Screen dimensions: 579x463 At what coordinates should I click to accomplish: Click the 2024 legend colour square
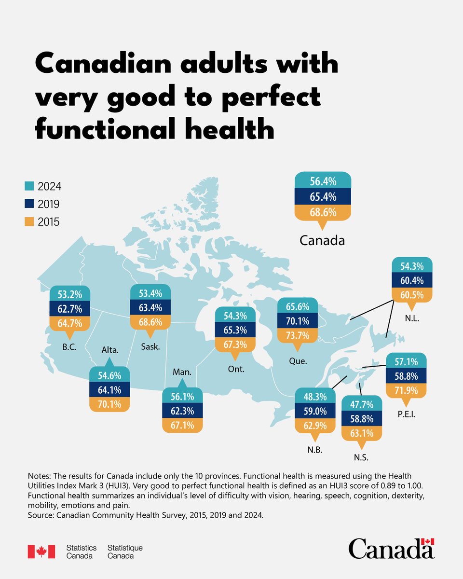28,186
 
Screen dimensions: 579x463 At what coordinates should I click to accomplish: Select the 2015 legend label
49,222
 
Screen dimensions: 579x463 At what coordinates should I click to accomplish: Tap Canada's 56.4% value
323,181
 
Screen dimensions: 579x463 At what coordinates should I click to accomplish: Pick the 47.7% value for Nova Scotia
361,404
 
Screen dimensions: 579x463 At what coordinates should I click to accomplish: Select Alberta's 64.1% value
109,390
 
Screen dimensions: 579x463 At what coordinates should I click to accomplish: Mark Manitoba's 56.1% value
182,397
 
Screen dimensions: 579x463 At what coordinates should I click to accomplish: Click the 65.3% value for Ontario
235,331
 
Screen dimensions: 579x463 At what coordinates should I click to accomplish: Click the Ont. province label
236,370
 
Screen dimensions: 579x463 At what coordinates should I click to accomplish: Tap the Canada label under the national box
322,240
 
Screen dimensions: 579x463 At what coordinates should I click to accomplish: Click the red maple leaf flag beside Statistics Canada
41,551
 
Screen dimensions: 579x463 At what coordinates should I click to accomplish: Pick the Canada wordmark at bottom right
391,549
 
